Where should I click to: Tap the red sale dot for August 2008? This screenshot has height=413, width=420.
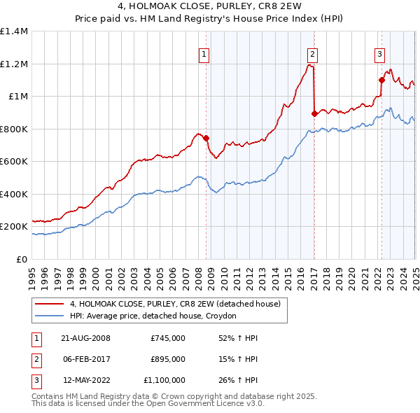(206, 138)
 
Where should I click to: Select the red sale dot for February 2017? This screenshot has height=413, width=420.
(314, 113)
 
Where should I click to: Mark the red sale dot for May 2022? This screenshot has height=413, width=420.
(381, 80)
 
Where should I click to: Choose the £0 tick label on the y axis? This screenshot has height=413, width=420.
(22, 259)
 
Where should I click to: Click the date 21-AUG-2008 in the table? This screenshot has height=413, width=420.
(85, 338)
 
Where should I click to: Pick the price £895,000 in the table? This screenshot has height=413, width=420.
(167, 359)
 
